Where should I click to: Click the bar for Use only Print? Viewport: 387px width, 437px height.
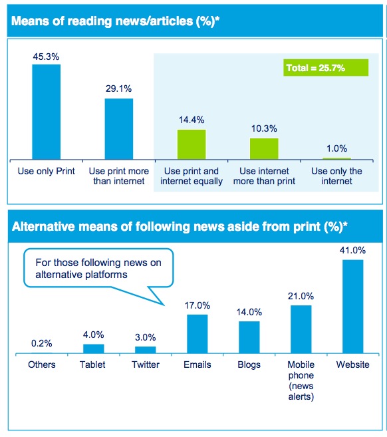(x=47, y=112)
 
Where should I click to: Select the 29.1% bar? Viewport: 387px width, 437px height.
(x=119, y=129)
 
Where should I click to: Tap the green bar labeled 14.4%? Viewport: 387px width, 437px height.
(x=192, y=144)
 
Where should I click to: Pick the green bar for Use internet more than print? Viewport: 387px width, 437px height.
(x=264, y=149)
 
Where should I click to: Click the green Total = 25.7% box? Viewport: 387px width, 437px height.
(x=326, y=68)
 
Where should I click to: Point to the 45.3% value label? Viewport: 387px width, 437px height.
(x=46, y=57)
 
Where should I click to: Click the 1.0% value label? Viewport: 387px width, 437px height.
(x=337, y=148)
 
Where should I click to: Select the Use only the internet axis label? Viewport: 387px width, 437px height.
(x=336, y=176)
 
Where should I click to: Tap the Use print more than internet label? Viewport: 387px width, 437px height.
(x=119, y=176)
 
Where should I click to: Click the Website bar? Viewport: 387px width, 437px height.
(x=352, y=307)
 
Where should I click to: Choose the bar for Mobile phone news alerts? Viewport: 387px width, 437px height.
(x=301, y=329)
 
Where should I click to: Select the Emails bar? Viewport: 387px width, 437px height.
(x=197, y=334)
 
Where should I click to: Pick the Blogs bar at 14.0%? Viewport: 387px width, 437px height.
(x=249, y=337)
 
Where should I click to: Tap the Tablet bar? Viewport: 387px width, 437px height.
(x=94, y=349)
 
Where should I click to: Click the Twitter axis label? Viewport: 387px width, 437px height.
(x=146, y=364)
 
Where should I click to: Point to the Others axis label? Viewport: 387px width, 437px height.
(x=42, y=364)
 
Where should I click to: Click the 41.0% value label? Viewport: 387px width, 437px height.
(x=352, y=250)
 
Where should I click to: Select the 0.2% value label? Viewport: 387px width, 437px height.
(x=41, y=343)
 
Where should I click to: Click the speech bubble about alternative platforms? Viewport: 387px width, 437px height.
(x=98, y=268)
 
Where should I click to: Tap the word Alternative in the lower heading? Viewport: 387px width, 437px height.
(x=43, y=227)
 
